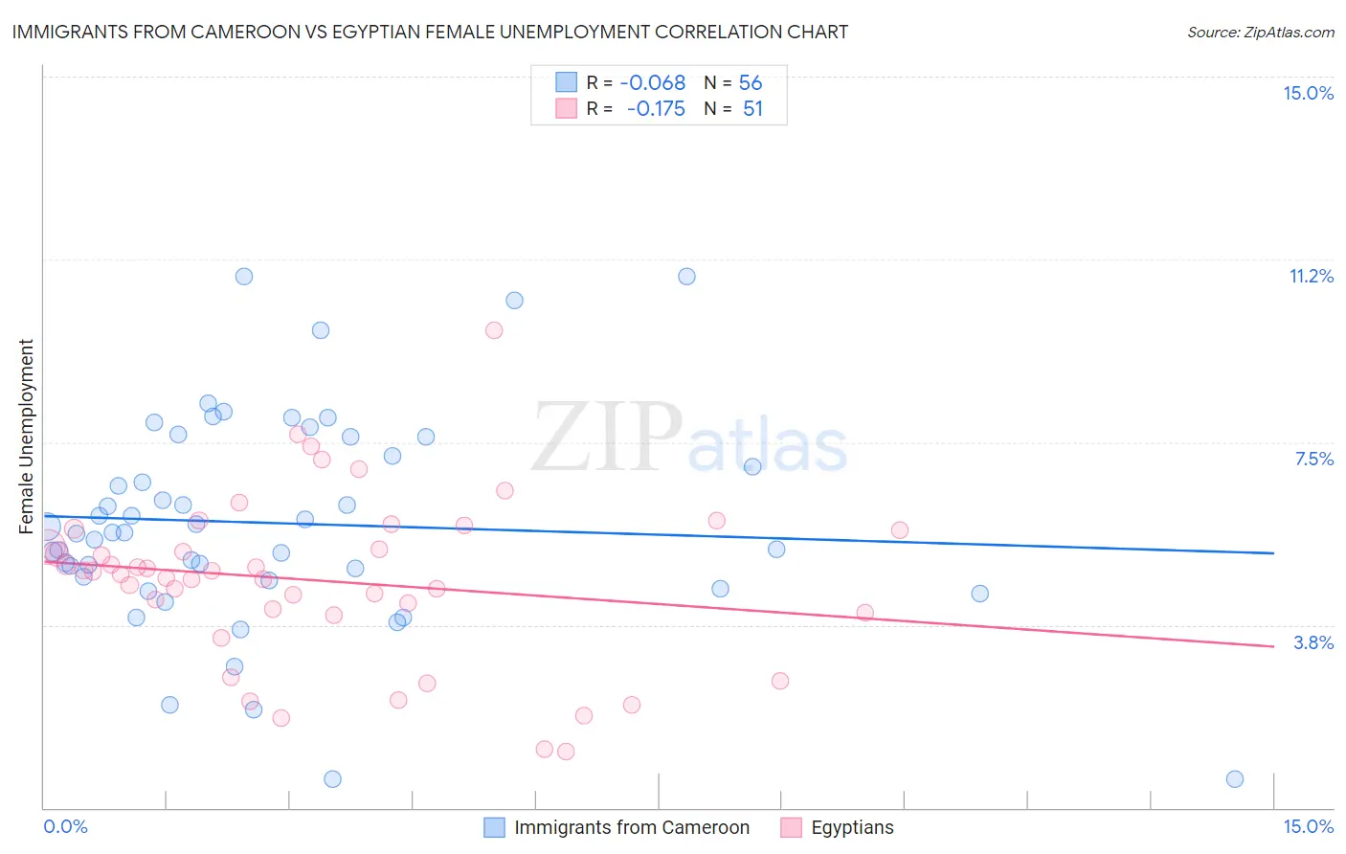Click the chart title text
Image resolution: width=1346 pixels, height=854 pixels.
[430, 32]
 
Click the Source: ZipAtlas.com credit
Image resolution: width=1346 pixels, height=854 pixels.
[1260, 32]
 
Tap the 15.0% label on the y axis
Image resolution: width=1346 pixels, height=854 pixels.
[1308, 93]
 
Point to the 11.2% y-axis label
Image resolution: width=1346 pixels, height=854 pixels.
[1311, 276]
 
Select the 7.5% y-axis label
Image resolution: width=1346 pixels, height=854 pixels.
[1313, 459]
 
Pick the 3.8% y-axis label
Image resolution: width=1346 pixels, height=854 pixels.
[1313, 642]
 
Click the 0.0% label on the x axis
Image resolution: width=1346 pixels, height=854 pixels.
[65, 826]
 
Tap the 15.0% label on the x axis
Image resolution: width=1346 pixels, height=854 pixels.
[1308, 826]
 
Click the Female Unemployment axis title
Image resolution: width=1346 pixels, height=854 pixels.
[26, 436]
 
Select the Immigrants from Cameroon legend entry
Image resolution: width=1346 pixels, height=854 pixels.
[631, 827]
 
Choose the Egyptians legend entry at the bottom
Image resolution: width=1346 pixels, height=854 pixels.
[851, 827]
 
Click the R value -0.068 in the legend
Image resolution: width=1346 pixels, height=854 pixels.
[653, 83]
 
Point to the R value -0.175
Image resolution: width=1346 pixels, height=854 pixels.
[656, 109]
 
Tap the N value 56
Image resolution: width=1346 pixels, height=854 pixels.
[751, 83]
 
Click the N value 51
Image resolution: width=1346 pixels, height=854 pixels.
[752, 109]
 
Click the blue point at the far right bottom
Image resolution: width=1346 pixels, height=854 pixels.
[1235, 779]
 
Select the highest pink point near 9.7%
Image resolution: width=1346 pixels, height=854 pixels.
[494, 330]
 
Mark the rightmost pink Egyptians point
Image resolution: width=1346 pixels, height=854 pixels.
[899, 530]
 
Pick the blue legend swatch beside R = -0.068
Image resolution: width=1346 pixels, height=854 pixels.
[566, 82]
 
